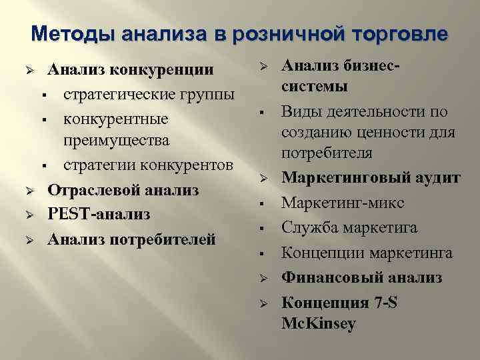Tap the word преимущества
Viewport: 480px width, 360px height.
pyautogui.click(x=117, y=141)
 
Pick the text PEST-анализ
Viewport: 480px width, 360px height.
pyautogui.click(x=99, y=214)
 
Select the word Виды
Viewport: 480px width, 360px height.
pyautogui.click(x=298, y=111)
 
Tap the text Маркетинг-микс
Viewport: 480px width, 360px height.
pyautogui.click(x=343, y=203)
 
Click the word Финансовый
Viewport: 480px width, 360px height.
pyautogui.click(x=327, y=277)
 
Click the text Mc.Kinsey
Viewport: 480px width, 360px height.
pyautogui.click(x=319, y=324)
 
